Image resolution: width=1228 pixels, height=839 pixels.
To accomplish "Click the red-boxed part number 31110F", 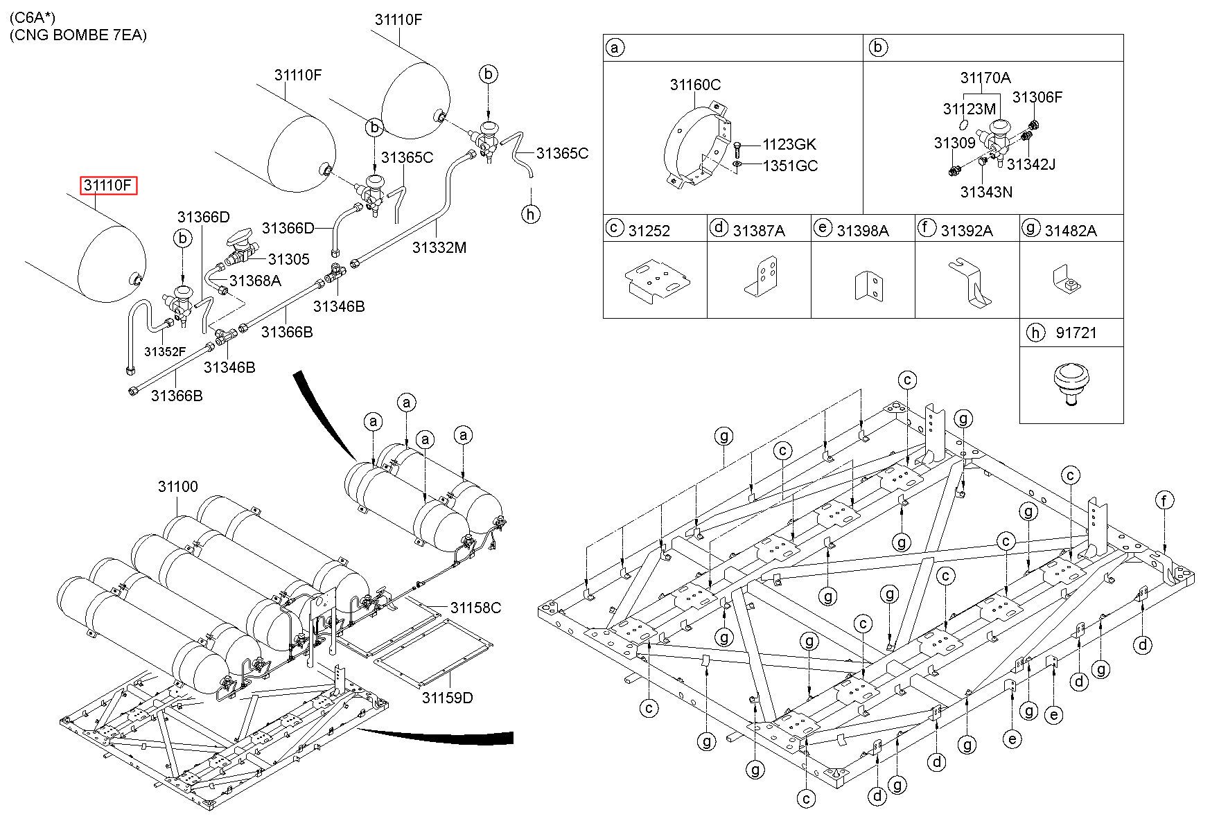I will pos(108,186).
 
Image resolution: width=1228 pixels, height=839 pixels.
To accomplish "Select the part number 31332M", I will pos(439,247).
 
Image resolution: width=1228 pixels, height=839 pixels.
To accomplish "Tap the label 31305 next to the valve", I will pos(288,259).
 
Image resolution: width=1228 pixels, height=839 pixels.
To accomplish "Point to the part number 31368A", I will pos(255,281).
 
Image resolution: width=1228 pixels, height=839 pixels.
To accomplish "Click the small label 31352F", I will pos(165,351).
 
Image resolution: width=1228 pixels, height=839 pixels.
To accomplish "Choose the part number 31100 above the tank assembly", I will pos(177,486).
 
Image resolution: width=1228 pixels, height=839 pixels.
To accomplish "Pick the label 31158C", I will pos(475,608).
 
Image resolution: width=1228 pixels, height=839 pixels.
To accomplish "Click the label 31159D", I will pos(447,697).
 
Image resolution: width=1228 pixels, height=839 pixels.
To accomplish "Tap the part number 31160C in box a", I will pos(695,85).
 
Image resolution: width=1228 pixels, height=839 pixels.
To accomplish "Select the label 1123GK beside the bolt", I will pos(789,145).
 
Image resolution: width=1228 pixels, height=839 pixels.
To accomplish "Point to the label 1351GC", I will pos(790,166).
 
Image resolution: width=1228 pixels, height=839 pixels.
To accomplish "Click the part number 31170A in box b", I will pos(985,78).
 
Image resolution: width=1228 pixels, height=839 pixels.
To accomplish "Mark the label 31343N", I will pos(986,192).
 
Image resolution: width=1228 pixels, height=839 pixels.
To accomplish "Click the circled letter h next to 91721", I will pos(1035,333).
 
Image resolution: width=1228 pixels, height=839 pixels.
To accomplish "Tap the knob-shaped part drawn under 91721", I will pos(1070,385).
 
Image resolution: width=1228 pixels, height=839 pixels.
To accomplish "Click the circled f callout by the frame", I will pos(1164,500).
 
